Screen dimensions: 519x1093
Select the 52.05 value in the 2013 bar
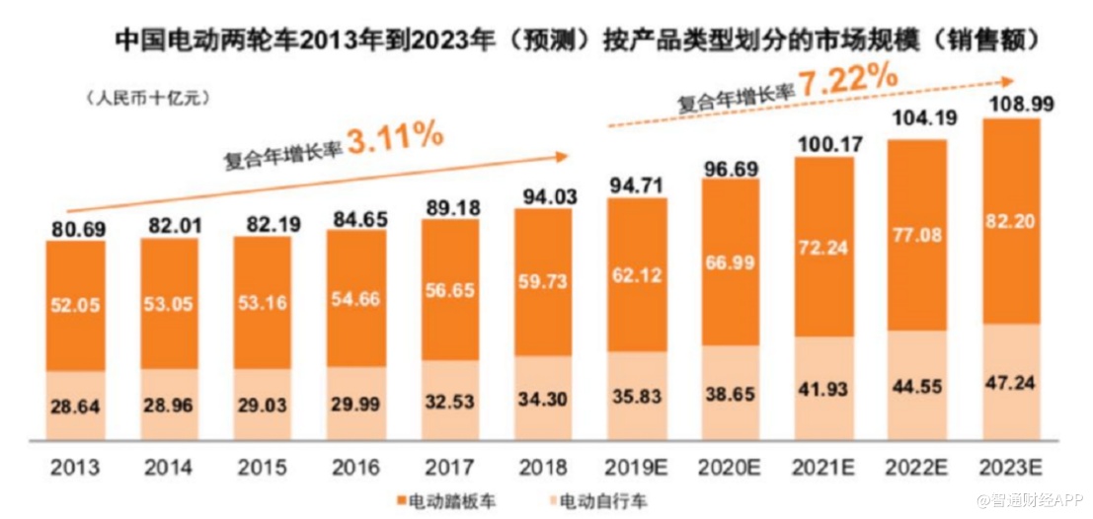(76, 306)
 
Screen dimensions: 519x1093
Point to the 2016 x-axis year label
(355, 466)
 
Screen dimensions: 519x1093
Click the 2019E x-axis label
(637, 466)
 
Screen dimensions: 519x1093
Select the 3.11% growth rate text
(395, 138)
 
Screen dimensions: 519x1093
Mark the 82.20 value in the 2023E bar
(1013, 223)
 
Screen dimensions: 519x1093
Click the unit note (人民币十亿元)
(148, 98)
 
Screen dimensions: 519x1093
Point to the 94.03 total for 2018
(543, 192)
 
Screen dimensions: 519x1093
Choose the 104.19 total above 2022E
(919, 122)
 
